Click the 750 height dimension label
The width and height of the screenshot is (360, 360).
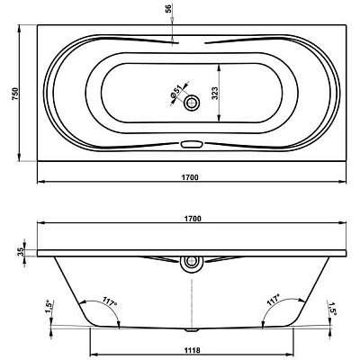click(15, 94)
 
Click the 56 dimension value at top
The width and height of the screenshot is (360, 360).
click(168, 9)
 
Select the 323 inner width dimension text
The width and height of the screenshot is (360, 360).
click(214, 93)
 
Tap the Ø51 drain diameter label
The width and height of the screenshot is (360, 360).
click(176, 91)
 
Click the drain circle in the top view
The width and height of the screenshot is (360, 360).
click(192, 103)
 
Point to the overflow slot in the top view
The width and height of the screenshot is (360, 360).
click(191, 144)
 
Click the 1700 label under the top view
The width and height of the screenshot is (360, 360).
click(190, 177)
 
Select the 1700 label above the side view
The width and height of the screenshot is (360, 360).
click(193, 219)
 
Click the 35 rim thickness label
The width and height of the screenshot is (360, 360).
click(21, 252)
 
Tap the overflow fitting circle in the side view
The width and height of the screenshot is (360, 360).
click(191, 262)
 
